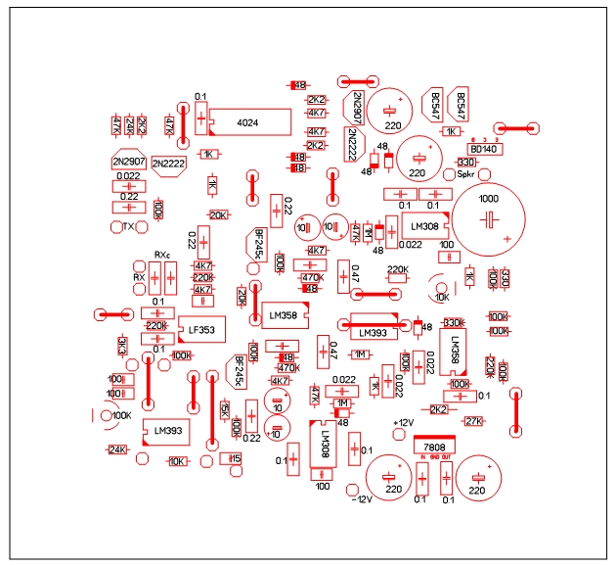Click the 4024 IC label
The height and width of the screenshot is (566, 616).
[247, 122]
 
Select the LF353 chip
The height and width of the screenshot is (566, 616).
[200, 329]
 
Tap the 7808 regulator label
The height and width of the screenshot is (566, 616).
[433, 445]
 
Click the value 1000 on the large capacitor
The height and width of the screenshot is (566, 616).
[492, 199]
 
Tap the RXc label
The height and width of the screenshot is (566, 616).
[162, 256]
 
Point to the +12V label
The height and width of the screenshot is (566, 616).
[402, 422]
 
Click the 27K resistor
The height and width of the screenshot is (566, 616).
[473, 421]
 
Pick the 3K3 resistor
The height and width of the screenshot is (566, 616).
[122, 346]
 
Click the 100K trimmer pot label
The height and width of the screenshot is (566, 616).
[121, 415]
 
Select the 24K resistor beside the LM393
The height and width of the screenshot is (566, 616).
[117, 449]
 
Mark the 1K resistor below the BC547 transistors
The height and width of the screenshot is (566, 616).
[452, 131]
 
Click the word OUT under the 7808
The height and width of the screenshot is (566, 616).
[447, 458]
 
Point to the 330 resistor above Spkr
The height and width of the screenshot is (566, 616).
[466, 163]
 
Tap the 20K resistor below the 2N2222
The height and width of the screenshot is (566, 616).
[218, 215]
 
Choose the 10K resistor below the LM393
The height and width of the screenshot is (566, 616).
[177, 460]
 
